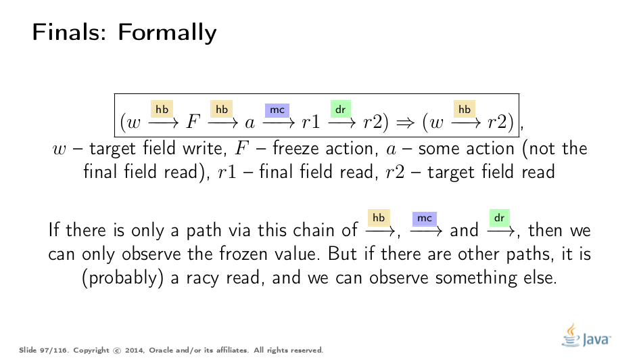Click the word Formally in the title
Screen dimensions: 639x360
tap(167, 32)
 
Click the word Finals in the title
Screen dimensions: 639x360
tap(69, 32)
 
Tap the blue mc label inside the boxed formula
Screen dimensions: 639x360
tap(277, 110)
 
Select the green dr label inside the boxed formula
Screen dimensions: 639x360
tap(340, 109)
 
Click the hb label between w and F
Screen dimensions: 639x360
tap(162, 109)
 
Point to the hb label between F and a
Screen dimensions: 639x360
tap(221, 109)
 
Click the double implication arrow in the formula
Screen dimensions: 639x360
tap(406, 122)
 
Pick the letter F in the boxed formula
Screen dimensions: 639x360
tap(193, 121)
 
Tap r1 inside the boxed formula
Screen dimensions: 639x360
tap(311, 122)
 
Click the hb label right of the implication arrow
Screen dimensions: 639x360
tap(465, 109)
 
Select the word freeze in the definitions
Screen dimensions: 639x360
tap(295, 148)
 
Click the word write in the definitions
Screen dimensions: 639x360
tap(205, 148)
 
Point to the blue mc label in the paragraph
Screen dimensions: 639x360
tap(425, 219)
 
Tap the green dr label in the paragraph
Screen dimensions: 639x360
tap(500, 218)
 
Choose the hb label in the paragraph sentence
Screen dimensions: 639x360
tap(379, 218)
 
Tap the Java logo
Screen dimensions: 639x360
tap(586, 336)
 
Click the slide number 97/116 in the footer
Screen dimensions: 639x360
tap(54, 351)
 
